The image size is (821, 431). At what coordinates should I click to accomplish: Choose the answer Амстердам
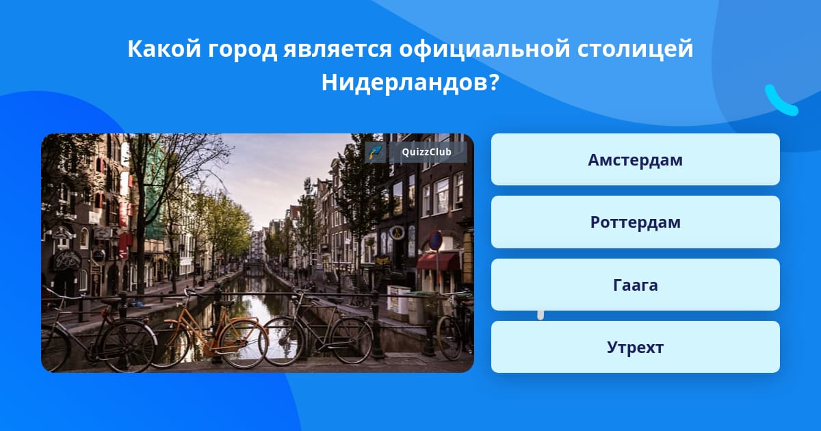[x=635, y=159]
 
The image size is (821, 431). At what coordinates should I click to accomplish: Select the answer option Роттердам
[x=635, y=222]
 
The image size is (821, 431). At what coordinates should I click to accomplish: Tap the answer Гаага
[x=635, y=285]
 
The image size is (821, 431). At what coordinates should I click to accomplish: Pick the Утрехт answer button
[x=635, y=347]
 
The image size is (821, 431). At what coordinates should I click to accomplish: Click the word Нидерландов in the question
[x=404, y=83]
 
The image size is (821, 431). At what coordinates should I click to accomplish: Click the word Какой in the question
[x=164, y=49]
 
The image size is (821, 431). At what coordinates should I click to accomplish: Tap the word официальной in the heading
[x=484, y=49]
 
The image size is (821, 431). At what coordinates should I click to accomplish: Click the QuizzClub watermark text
[x=427, y=152]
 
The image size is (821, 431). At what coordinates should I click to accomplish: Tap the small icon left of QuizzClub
[x=376, y=152]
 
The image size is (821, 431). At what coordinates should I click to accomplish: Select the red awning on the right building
[x=438, y=261]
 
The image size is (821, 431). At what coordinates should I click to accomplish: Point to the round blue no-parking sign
[x=435, y=241]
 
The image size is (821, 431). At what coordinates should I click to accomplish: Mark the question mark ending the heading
[x=494, y=82]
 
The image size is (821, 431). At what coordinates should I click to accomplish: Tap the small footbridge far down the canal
[x=254, y=265]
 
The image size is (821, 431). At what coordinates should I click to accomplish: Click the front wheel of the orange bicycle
[x=244, y=345]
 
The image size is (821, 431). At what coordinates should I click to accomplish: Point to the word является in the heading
[x=337, y=49]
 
